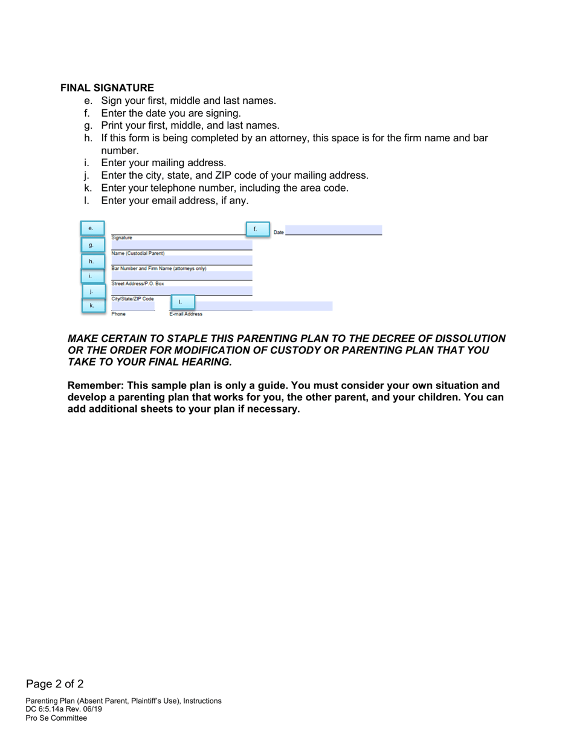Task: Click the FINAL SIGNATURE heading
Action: tap(107, 88)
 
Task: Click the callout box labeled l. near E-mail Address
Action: tap(182, 302)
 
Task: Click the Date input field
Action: tap(334, 230)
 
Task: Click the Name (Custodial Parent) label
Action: tap(138, 254)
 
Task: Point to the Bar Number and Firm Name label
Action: tap(159, 268)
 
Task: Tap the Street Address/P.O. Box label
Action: tap(138, 283)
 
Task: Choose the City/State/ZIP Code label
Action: tap(132, 299)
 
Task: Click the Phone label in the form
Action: tap(118, 314)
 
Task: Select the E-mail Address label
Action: tap(185, 314)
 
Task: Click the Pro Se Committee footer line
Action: tap(56, 718)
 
